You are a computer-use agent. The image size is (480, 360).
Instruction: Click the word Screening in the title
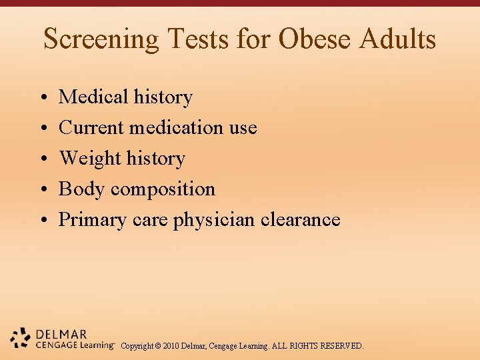click(x=101, y=39)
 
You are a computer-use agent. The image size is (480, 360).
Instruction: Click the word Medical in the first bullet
click(x=93, y=97)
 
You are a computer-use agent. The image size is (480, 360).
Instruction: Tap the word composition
click(x=163, y=190)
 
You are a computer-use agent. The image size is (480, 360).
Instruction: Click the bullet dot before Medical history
click(x=43, y=98)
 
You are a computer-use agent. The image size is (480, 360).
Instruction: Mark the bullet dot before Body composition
click(x=43, y=190)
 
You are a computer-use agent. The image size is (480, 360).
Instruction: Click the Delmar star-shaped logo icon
click(x=21, y=338)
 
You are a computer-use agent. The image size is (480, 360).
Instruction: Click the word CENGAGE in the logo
click(x=56, y=345)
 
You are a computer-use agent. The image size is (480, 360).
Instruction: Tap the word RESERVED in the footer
click(x=342, y=346)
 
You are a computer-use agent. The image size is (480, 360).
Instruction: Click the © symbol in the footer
click(x=159, y=346)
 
